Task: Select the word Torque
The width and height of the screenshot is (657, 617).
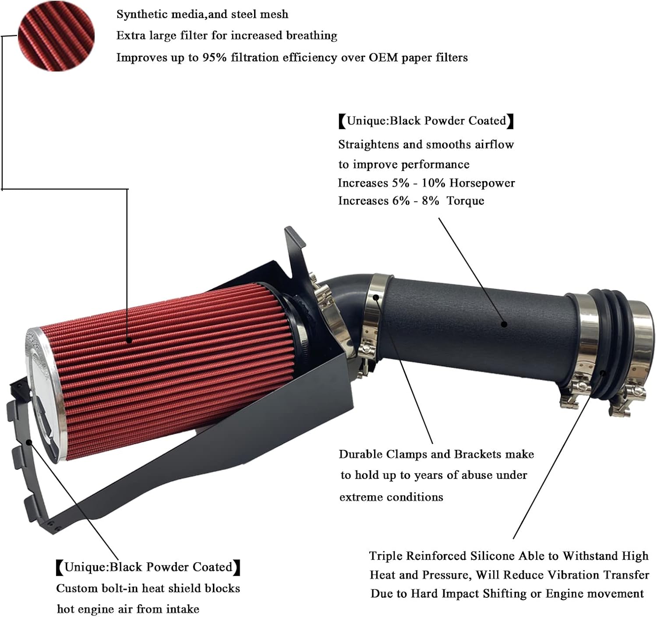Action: [465, 201]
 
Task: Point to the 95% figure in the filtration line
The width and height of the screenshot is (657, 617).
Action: [214, 57]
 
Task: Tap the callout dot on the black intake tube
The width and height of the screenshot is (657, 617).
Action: [504, 324]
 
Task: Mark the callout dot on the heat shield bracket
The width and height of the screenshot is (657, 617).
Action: [29, 442]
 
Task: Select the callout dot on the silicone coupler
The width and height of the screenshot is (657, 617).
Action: [603, 373]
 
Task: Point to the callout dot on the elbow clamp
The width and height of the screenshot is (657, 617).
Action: [376, 298]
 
